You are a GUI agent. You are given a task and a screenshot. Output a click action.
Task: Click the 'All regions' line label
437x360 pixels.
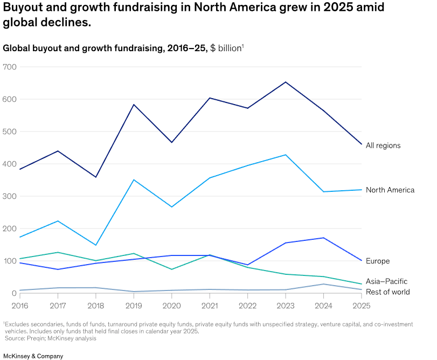coord(383,146)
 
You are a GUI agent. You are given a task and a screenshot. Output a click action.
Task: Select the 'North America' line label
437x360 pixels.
coord(390,190)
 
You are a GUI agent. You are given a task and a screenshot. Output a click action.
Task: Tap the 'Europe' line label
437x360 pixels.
coord(377,261)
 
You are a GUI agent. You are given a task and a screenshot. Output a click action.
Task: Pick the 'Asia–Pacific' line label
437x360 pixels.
coord(386,281)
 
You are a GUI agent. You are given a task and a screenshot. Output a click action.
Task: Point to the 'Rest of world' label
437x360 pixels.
coord(387,292)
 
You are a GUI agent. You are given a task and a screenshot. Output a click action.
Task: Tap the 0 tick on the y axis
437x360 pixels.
coord(14,293)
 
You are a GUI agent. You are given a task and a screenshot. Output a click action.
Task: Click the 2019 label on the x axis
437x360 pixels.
coord(134,305)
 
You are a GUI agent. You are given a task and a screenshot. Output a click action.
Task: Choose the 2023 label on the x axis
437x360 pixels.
coord(286,305)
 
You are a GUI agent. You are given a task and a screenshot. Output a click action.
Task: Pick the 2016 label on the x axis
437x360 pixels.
coord(20,305)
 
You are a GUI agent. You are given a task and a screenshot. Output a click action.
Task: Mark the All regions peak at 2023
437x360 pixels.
coord(286,82)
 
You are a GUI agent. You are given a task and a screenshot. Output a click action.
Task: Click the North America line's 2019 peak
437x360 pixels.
coord(134,179)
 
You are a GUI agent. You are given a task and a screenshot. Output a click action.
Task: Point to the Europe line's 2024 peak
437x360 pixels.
coord(323,238)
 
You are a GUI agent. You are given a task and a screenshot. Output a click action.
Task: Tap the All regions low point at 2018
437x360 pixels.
coord(96,177)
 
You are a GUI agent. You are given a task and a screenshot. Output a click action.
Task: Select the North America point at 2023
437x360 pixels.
coord(286,155)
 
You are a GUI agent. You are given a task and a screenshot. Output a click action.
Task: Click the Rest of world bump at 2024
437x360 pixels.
coord(323,284)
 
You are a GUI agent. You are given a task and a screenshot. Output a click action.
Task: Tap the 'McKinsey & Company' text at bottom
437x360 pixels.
coord(33,356)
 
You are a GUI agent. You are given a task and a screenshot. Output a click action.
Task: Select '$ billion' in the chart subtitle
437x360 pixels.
coord(226,49)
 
